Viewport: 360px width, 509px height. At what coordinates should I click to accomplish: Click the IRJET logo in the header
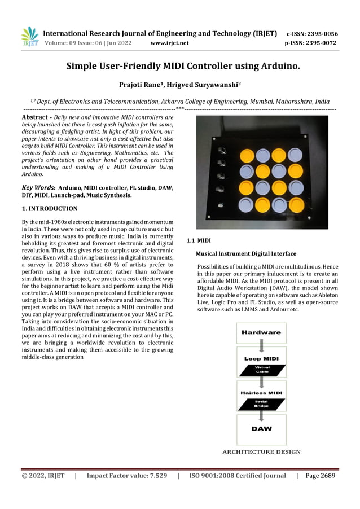click(30, 36)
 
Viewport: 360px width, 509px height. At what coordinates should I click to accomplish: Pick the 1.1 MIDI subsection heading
click(199, 241)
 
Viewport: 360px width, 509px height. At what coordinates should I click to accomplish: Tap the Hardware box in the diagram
click(261, 332)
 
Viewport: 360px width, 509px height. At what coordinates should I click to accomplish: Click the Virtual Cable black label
click(262, 370)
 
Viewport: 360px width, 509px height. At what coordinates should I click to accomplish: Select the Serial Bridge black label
click(261, 403)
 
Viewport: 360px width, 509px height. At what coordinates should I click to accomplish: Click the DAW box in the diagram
click(261, 428)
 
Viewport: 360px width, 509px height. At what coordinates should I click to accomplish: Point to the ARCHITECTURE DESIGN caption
click(261, 451)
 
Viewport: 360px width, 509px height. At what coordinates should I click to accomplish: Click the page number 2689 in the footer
click(320, 476)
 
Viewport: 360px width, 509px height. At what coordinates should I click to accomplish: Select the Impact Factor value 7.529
click(126, 476)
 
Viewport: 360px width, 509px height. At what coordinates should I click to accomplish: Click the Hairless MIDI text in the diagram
click(261, 392)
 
